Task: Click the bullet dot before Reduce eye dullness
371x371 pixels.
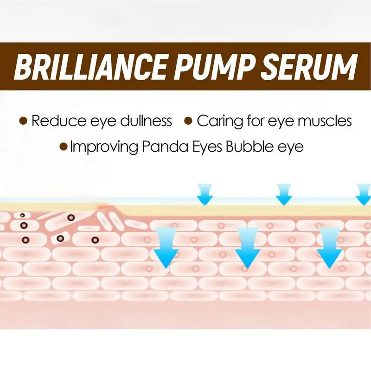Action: (23, 122)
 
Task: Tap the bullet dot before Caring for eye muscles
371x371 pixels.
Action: (188, 122)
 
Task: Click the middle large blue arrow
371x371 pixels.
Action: (248, 248)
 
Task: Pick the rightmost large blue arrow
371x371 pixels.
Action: (329, 248)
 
